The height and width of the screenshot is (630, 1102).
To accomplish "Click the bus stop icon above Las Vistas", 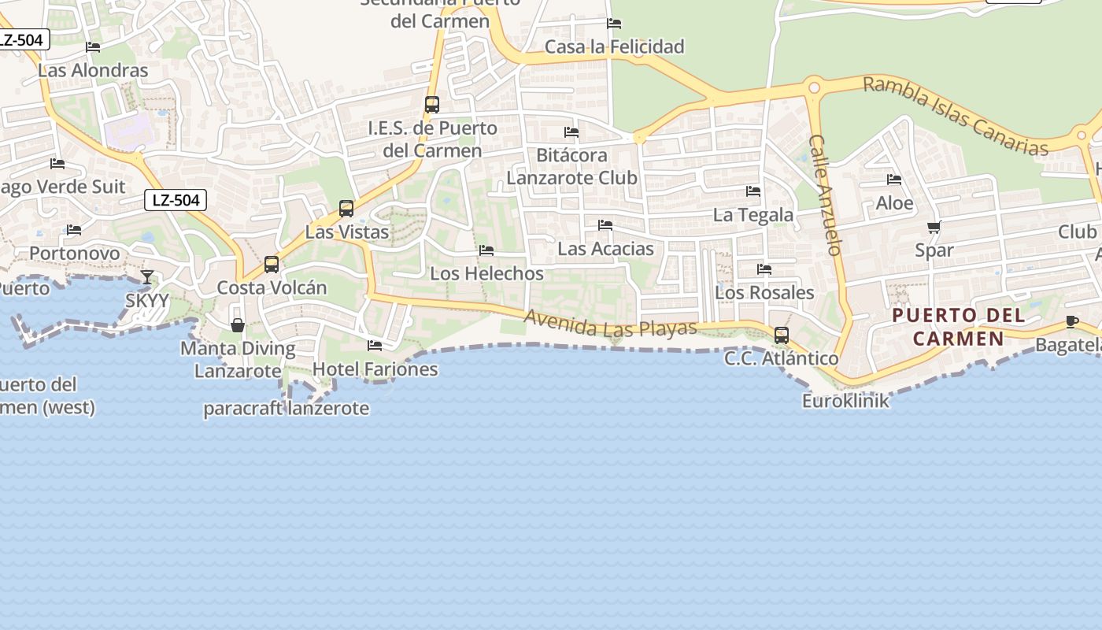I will [x=346, y=209].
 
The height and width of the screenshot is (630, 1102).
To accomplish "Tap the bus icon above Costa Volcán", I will [x=272, y=264].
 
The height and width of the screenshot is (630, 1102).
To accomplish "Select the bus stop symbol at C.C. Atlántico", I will [x=782, y=335].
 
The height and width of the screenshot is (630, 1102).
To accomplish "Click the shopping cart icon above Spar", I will [x=934, y=228].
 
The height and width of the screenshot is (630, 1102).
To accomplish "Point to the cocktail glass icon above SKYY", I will [x=147, y=276].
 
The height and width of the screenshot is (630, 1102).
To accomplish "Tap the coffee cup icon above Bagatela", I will [x=1071, y=321].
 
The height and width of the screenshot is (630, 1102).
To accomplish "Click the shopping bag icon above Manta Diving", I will [x=237, y=324].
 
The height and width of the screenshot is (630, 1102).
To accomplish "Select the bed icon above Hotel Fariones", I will [x=375, y=345].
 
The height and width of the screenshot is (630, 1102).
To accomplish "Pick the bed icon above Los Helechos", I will [x=486, y=250].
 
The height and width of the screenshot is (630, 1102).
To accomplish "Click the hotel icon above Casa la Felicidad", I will [x=614, y=24].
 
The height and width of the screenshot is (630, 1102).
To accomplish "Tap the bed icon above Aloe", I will [x=894, y=180].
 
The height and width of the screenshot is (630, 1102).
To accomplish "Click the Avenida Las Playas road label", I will [x=611, y=324].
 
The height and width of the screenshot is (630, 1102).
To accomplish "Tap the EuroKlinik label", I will [x=845, y=401].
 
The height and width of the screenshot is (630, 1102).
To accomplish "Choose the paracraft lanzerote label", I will [x=287, y=409].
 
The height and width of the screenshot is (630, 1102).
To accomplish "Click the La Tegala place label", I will [x=753, y=215].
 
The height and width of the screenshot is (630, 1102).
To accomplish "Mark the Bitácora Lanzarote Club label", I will [x=571, y=166].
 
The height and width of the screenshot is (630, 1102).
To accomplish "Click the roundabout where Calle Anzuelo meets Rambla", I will [x=814, y=88].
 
